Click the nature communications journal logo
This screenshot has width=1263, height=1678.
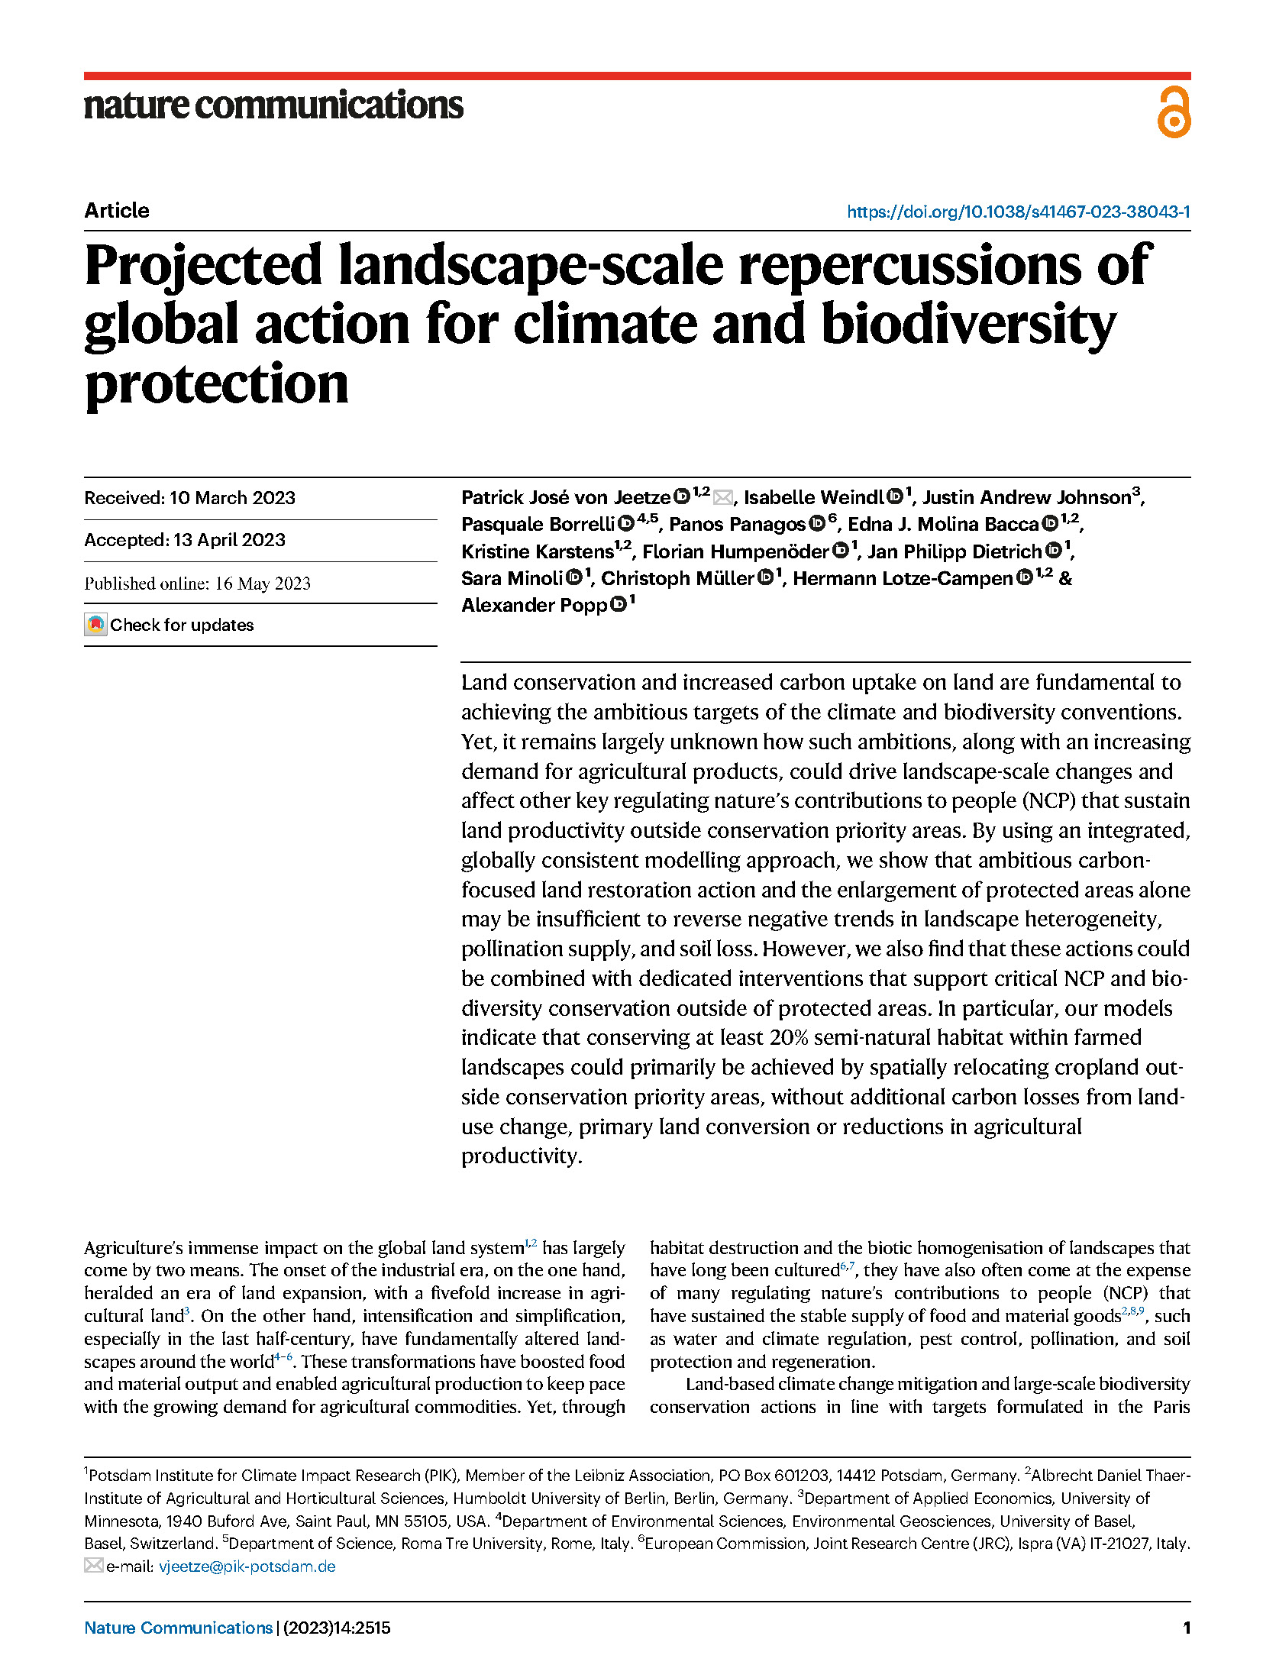[x=273, y=105]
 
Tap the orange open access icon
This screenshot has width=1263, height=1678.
[x=1173, y=112]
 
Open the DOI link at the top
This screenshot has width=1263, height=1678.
[x=1018, y=212]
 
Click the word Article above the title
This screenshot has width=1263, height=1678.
[x=117, y=211]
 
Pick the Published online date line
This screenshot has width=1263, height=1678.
[x=197, y=584]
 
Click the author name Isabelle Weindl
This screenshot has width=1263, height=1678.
[x=813, y=498]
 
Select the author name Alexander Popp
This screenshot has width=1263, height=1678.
[x=534, y=606]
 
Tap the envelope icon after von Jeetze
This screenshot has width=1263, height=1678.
[x=722, y=498]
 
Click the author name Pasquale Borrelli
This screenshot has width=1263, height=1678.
[x=538, y=525]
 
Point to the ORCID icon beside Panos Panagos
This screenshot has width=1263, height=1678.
[x=816, y=523]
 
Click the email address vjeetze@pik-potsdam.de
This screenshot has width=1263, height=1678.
[x=247, y=1566]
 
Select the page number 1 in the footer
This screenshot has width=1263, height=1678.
[x=1186, y=1628]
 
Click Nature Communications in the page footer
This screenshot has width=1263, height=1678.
[x=178, y=1628]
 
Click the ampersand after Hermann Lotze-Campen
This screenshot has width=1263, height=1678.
[x=1065, y=578]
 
